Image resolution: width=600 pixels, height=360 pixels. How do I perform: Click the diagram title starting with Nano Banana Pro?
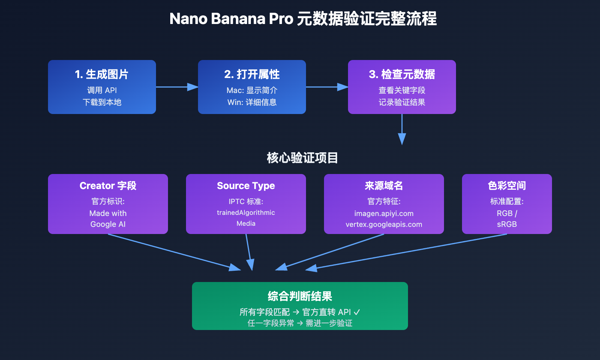tap(303, 19)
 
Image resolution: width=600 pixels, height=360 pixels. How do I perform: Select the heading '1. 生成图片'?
tap(102, 74)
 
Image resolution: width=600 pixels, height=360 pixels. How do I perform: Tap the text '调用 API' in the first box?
tap(102, 90)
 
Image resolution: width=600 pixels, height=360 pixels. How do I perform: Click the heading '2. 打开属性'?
tap(252, 74)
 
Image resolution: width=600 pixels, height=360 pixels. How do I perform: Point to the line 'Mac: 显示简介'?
tap(252, 90)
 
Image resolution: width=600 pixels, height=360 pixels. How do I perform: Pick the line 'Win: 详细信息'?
tap(252, 102)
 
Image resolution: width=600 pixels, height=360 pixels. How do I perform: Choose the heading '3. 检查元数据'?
tap(402, 74)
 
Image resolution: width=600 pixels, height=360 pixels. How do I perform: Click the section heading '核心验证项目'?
tap(302, 158)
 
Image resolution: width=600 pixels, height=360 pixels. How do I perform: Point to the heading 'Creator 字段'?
tap(108, 186)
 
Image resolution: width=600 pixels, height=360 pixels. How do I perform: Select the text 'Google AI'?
tap(108, 224)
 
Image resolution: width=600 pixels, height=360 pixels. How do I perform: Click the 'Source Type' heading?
tap(246, 186)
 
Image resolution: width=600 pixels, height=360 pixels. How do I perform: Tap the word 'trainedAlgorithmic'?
tap(246, 213)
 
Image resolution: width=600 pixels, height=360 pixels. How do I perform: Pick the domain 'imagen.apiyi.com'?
tap(384, 213)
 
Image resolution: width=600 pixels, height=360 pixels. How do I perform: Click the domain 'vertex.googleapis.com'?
tap(384, 224)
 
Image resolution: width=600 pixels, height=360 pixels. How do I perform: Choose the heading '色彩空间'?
tap(507, 186)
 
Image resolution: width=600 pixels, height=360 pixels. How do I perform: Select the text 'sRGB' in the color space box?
tap(507, 224)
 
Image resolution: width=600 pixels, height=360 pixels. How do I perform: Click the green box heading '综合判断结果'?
tap(300, 296)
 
